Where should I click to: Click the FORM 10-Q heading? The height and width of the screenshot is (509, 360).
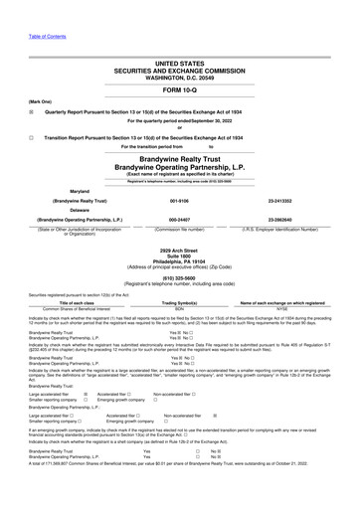point(179,91)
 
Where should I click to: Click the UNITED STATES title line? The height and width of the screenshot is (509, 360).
point(179,62)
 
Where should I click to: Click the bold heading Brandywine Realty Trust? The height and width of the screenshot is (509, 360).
point(180,158)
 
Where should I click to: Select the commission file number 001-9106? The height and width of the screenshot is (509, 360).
point(180,199)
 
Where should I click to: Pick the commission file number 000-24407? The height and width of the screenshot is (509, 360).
point(180,219)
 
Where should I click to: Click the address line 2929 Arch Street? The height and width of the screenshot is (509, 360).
point(179,250)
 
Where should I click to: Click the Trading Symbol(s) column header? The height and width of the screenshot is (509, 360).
point(180,302)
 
